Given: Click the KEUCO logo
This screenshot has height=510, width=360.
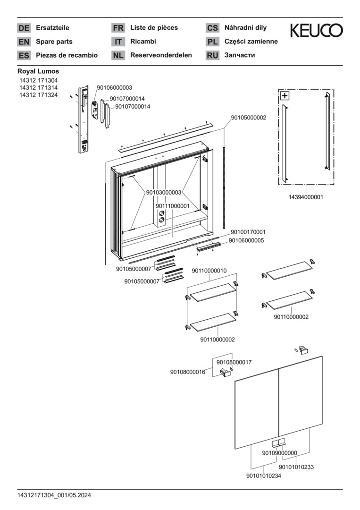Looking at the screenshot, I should tap(316, 31).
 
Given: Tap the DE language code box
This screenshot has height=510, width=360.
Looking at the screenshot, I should tap(24, 28).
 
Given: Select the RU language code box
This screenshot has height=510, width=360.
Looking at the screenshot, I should tap(212, 55).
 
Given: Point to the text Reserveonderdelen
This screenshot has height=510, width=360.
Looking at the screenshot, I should tap(161, 55).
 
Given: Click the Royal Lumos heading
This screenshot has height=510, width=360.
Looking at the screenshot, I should tap(38, 71).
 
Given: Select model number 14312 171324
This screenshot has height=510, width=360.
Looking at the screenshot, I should tap(39, 95).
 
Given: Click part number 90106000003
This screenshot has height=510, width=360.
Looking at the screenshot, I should tap(114, 88).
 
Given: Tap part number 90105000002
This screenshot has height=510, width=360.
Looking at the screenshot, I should tap(248, 118).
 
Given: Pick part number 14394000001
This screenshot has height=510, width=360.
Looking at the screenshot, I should tap(305, 197).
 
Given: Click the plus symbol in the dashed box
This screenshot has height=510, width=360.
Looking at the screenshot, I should tap(285, 96).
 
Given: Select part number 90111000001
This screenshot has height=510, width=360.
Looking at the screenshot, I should tap(173, 206).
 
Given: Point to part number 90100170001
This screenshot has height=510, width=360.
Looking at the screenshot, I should tap(248, 232).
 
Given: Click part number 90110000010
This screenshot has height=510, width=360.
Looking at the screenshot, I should tap(209, 271).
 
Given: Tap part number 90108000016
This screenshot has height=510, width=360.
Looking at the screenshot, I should tap(188, 372).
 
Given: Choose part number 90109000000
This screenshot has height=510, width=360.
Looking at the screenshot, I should tap(280, 453).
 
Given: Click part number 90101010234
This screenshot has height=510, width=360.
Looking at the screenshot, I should tap(264, 476).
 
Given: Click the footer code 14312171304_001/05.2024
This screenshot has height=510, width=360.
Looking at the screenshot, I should tap(54, 495).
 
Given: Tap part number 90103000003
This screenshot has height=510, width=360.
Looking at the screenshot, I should tap(163, 192).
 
